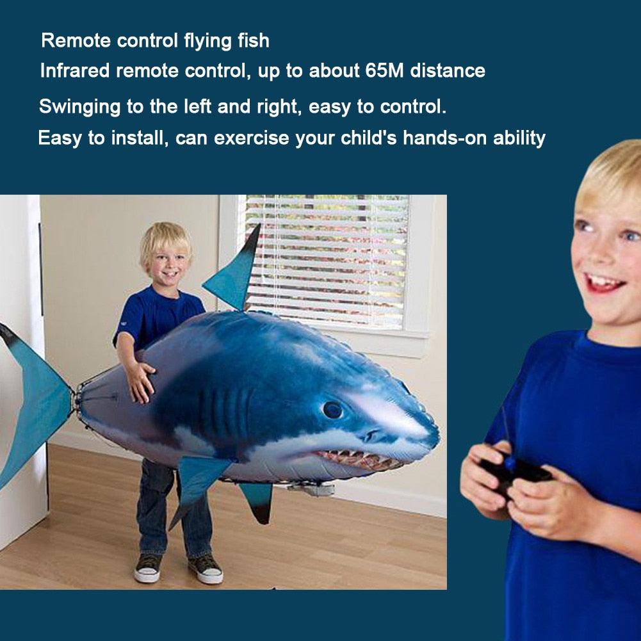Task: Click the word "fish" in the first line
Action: coord(253,41)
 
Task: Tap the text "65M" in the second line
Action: coord(385,70)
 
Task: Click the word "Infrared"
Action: coord(75,70)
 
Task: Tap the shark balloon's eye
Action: coord(332,409)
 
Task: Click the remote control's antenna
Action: coord(506,429)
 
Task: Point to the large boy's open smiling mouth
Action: coord(603,282)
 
